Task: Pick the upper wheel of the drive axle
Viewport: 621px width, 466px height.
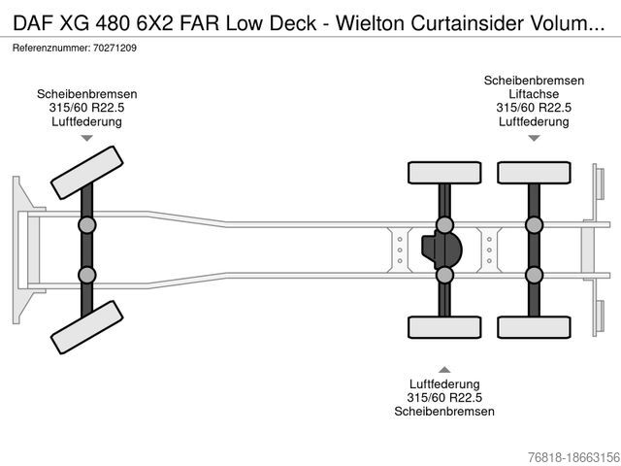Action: click(x=443, y=173)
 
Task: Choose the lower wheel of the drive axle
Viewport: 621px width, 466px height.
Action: click(x=443, y=328)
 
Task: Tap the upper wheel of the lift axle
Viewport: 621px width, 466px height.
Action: click(x=533, y=173)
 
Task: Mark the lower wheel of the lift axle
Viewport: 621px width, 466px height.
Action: click(x=533, y=328)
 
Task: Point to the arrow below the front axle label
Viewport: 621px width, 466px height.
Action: click(x=86, y=139)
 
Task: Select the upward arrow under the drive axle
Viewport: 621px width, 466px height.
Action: click(x=444, y=369)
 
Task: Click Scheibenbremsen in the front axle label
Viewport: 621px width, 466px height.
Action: click(x=86, y=93)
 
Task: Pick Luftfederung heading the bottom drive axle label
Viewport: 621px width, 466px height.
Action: click(x=444, y=383)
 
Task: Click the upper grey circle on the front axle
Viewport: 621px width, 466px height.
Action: click(x=86, y=225)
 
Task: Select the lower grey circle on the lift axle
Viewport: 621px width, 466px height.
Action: click(x=533, y=275)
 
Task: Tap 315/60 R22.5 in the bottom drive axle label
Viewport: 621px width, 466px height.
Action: click(x=444, y=397)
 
